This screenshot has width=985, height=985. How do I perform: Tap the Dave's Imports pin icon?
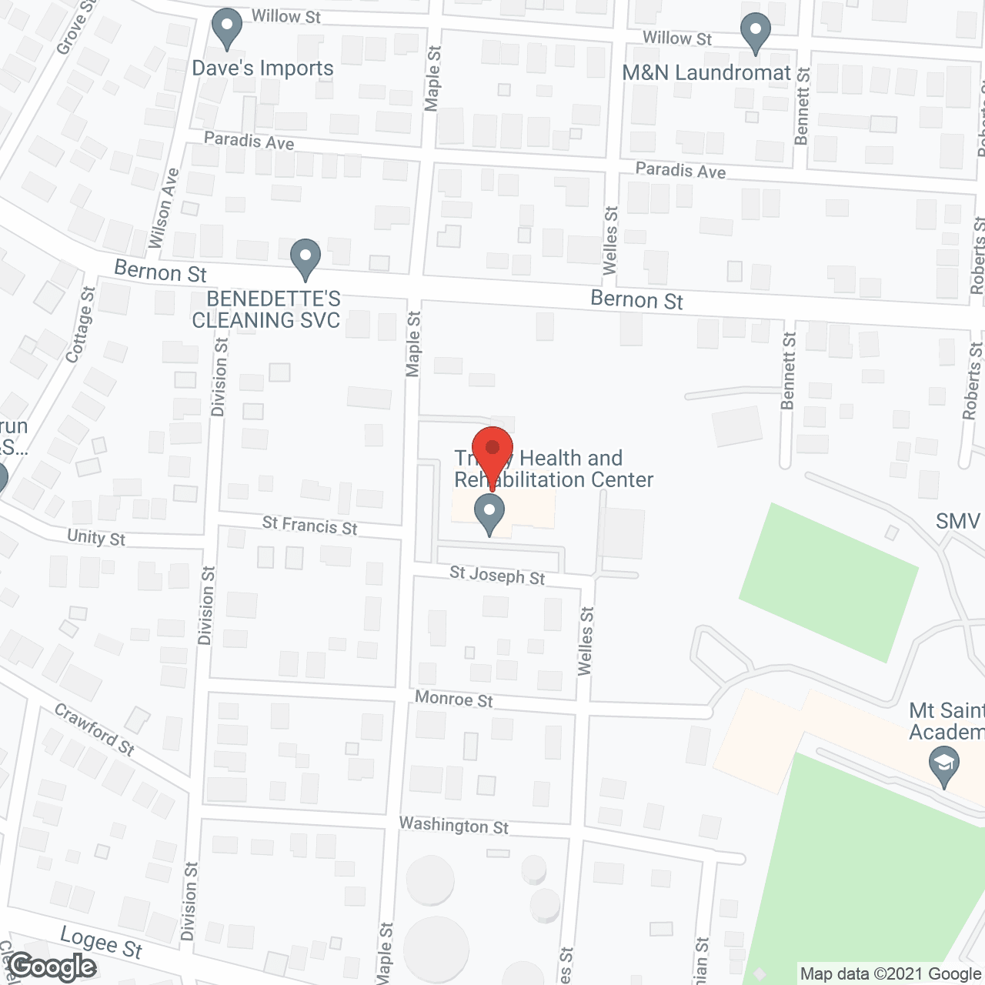227,28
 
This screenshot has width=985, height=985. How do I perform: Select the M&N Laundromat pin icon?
756,33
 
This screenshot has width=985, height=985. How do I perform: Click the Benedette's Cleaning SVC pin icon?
306,259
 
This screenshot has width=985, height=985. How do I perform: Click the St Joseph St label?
497,575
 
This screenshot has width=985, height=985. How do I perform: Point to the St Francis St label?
309,526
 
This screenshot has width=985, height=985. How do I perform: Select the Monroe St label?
454,699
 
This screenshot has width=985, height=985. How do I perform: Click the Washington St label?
454,826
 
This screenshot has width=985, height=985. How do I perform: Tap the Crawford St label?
95,729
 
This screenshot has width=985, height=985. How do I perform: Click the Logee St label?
102,943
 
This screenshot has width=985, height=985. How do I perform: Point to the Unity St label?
96,537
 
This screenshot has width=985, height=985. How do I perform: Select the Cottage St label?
81,325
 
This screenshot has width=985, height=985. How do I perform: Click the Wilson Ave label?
164,208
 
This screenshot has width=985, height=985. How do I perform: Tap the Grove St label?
76,28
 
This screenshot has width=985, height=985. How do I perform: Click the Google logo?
52,967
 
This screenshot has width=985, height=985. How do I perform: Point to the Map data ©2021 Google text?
890,974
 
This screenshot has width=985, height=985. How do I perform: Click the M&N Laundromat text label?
706,73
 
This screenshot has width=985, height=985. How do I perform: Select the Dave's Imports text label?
262,68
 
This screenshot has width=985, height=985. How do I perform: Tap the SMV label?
958,522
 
